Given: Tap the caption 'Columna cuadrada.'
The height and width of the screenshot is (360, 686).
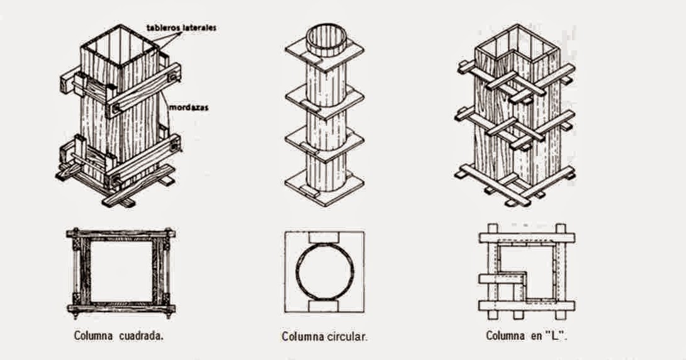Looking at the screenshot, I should pos(119,335).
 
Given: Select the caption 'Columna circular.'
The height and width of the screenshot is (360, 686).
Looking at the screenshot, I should pos(324,337).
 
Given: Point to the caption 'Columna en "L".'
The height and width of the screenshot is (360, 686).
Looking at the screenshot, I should pos(527,335).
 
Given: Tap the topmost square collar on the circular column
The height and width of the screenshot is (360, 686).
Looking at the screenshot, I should pos(325,59).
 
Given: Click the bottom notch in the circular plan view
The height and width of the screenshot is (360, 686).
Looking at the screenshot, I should pos(324,305).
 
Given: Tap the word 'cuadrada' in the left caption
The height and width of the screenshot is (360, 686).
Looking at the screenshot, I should pos(142,335).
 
